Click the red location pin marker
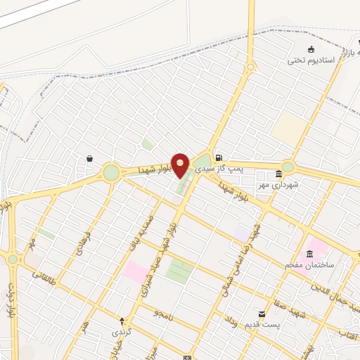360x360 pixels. pyautogui.click(x=181, y=165)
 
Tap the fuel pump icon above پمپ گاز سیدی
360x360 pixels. pyautogui.click(x=219, y=157)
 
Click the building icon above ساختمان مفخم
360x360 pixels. pyautogui.click(x=310, y=253)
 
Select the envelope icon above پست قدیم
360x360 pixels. pyautogui.click(x=262, y=314)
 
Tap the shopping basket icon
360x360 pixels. pyautogui.click(x=90, y=159)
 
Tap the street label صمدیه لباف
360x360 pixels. pyautogui.click(x=140, y=233)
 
